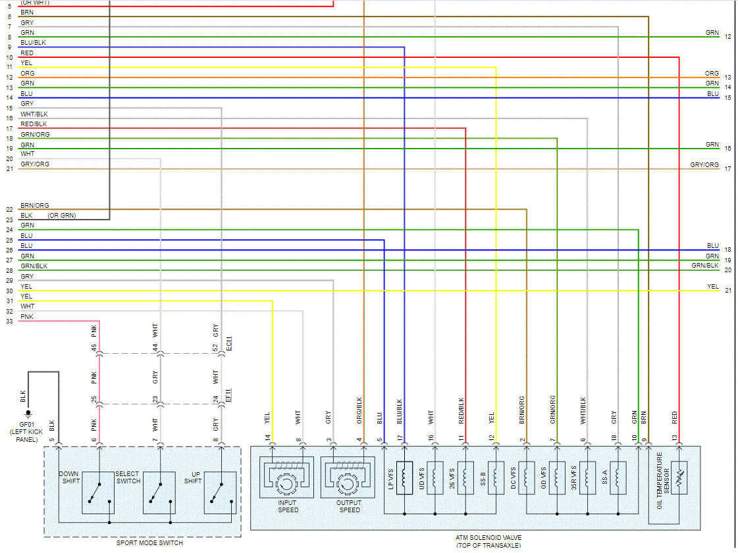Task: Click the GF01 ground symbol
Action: (x=28, y=414)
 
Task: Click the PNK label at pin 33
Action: (x=27, y=317)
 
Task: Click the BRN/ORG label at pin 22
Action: (x=34, y=206)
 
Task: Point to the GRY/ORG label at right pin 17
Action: (x=704, y=165)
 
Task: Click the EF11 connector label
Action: (x=228, y=395)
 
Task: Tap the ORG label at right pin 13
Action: (x=712, y=74)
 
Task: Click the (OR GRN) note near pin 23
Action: (x=61, y=216)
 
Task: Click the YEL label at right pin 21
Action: (x=712, y=287)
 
